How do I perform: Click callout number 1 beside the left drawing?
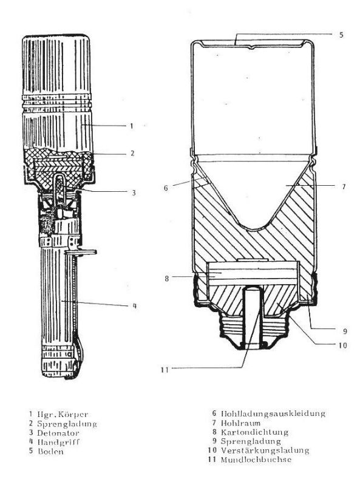tap(131, 126)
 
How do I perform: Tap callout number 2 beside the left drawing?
tap(132, 153)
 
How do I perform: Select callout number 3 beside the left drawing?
tap(134, 193)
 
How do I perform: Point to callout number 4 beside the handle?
tap(134, 306)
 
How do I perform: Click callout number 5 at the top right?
tap(341, 35)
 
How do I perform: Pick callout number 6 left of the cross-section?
tap(166, 188)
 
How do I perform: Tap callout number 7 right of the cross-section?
tap(344, 186)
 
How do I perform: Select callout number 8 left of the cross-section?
tap(166, 279)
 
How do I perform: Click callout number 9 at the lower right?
tap(345, 331)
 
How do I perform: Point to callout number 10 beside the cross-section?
tap(342, 345)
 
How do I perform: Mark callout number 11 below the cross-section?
tap(165, 370)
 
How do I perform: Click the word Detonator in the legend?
tap(58, 433)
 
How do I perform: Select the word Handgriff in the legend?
tap(58, 443)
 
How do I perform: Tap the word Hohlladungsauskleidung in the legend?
tap(273, 413)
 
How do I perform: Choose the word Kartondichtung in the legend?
tap(254, 432)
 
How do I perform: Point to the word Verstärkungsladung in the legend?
tap(265, 450)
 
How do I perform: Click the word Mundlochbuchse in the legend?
tap(256, 460)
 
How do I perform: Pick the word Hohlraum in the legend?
tap(240, 423)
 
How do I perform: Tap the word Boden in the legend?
tap(51, 452)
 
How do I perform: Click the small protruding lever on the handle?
tap(81, 252)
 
